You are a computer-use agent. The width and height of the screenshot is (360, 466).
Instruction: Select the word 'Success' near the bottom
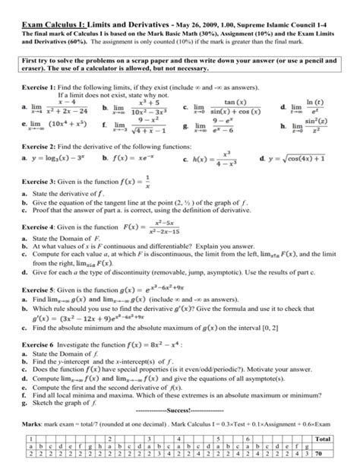[180, 416]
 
